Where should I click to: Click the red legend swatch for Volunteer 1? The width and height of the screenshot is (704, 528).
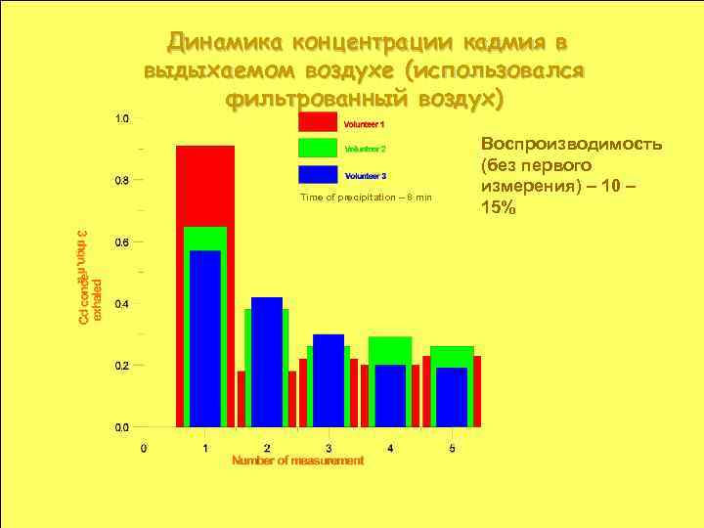tap(318, 123)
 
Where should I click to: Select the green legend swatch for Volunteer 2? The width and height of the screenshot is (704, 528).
tap(318, 149)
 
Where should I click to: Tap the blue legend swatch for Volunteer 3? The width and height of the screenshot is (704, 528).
tap(318, 175)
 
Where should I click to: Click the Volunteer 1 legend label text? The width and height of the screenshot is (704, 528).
tap(364, 124)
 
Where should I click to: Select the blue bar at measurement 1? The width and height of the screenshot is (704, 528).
tap(205, 337)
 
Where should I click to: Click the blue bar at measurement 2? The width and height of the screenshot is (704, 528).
tap(267, 362)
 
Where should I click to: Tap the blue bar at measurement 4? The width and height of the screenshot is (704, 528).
tap(390, 395)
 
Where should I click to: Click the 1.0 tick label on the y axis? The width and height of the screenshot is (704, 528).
tap(121, 118)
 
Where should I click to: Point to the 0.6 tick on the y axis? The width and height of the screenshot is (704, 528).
tap(121, 242)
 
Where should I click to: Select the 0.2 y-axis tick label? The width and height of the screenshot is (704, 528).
tap(121, 365)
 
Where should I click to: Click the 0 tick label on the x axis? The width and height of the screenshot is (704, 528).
tap(144, 448)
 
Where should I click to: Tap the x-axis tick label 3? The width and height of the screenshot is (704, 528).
tap(329, 448)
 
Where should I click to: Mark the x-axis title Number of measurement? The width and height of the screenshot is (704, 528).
tap(297, 461)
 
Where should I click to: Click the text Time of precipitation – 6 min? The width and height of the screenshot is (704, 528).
tap(366, 198)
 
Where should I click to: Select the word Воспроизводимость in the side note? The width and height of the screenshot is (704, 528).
tap(571, 144)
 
